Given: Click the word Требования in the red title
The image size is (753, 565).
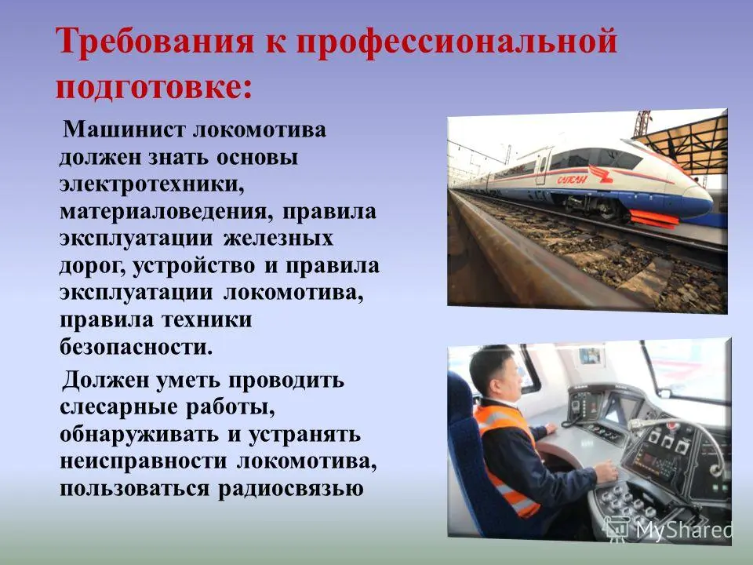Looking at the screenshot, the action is click(x=155, y=42).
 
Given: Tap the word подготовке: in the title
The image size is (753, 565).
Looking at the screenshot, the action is click(x=154, y=87).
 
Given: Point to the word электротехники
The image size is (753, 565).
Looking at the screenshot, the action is click(x=151, y=185).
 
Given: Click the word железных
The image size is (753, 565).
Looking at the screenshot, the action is click(x=278, y=239).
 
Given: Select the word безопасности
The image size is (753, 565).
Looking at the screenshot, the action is click(x=136, y=347).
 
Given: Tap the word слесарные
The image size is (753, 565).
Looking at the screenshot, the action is click(x=118, y=408).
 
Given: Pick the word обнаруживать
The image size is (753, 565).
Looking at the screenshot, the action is click(x=139, y=436).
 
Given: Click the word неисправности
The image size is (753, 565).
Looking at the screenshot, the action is click(x=143, y=462).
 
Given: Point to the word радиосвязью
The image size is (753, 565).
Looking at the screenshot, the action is click(x=290, y=489).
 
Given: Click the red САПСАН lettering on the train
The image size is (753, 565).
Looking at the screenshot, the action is click(x=572, y=180).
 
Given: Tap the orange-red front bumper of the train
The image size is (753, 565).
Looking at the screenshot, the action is click(x=653, y=217).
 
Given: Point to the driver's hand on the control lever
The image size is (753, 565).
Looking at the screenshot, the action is click(x=606, y=470).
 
